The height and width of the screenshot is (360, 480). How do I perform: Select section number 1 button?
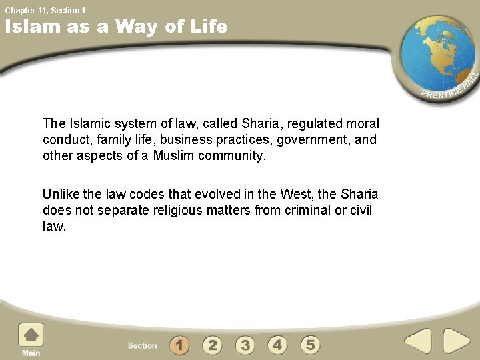179,345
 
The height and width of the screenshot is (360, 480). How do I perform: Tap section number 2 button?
212,345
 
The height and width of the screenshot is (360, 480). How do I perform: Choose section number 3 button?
245,345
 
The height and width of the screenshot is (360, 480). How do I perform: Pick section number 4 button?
277,345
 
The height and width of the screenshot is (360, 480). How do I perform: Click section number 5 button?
310,345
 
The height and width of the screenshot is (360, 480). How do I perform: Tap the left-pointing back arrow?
418,341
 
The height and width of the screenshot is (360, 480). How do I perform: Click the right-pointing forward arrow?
457,341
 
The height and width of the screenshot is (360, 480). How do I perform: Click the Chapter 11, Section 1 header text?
45,10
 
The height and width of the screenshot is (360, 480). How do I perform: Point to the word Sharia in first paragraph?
261,123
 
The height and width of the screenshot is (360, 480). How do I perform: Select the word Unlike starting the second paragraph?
61,194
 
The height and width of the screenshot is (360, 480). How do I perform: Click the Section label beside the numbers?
142,345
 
